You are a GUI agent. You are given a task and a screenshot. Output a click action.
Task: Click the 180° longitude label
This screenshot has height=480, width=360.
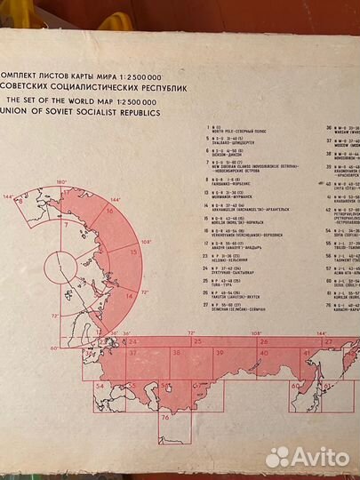[61, 180]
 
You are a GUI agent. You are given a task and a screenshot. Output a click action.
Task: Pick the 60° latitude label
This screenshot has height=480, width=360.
[54, 348]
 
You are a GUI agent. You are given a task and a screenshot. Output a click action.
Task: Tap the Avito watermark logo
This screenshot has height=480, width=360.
[306, 455]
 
